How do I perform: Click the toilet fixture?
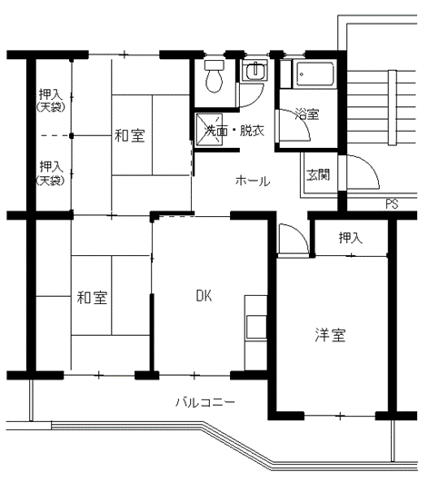(215, 76)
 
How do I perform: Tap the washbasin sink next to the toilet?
(254, 70)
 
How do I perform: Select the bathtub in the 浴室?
(314, 74)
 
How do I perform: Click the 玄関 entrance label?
(318, 174)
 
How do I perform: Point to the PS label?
(392, 204)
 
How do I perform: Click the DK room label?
(204, 296)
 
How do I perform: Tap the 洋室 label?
(330, 335)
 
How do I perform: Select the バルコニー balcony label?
(205, 402)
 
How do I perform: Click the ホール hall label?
(253, 181)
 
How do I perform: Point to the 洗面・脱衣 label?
(234, 131)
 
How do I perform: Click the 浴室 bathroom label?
(306, 114)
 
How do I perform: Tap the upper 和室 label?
(130, 135)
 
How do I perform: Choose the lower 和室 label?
(92, 298)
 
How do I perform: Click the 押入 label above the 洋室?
(351, 238)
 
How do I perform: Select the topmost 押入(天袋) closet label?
(51, 100)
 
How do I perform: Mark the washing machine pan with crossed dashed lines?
(209, 129)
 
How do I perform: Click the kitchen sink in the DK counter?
(256, 327)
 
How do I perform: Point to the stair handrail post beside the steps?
(392, 108)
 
